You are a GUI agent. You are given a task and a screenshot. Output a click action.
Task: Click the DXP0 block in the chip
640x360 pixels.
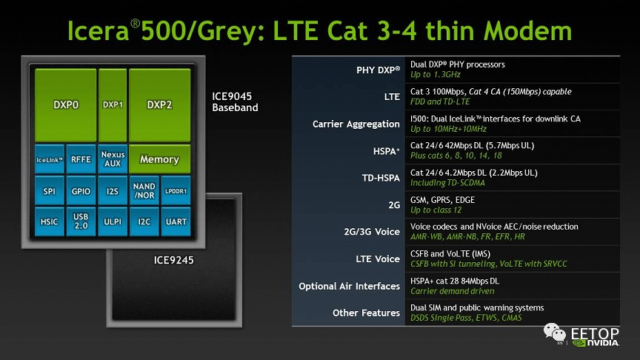pos(66,105)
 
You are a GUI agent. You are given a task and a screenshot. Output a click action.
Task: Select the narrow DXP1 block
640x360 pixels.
pos(113,105)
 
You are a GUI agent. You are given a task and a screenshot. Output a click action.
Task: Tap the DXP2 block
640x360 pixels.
pos(159,105)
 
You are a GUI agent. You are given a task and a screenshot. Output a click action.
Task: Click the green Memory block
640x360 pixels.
pos(159,159)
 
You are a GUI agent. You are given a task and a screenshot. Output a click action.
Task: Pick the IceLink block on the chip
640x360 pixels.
pos(50,159)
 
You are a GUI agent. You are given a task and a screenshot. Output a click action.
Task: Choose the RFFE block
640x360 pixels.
pos(81,159)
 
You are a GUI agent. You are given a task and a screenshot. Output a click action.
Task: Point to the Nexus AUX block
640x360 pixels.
pos(113,159)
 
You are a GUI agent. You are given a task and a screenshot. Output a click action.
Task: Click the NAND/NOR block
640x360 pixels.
pos(144,190)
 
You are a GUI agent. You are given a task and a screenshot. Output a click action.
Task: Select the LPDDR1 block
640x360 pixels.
pos(176,190)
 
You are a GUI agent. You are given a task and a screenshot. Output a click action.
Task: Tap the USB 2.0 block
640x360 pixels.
pos(81,221)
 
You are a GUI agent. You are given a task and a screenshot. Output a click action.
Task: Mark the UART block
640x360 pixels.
pos(176,221)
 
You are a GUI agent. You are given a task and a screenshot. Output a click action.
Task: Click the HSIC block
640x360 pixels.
pos(50,221)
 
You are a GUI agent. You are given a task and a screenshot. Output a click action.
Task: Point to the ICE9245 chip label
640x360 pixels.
pos(173,260)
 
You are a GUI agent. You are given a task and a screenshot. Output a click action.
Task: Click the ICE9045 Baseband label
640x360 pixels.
pos(235,101)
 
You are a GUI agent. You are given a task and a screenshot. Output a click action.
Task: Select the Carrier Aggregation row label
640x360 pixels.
pos(356,124)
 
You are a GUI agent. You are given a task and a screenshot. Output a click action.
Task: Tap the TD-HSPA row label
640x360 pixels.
pos(381,178)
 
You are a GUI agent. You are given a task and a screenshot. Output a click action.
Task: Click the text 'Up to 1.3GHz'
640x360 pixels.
pos(435,75)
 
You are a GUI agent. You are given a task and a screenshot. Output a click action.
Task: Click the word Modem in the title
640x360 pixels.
pos(527,31)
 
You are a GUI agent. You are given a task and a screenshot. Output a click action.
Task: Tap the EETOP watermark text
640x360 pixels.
pos(595,333)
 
